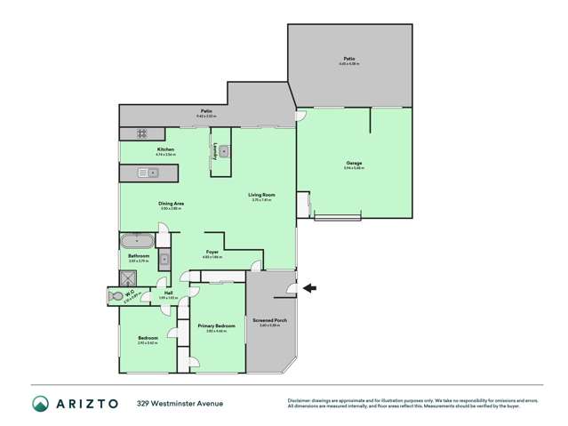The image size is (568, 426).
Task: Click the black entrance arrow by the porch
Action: coord(308,287)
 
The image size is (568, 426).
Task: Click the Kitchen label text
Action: coord(165,149)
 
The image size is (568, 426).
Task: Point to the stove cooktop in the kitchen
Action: coord(140,133)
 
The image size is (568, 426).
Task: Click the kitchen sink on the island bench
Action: coord(143,174)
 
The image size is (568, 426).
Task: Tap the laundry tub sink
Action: coord(225,152)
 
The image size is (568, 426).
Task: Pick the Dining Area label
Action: coord(172,204)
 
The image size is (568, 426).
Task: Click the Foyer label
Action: coord(212,253)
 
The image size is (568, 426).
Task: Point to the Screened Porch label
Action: coord(270,321)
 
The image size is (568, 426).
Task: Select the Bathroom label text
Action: coord(138,256)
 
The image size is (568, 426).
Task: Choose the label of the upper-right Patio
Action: coord(348,59)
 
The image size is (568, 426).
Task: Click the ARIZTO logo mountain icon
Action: coord(40,404)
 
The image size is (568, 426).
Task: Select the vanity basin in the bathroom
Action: coord(164,261)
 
